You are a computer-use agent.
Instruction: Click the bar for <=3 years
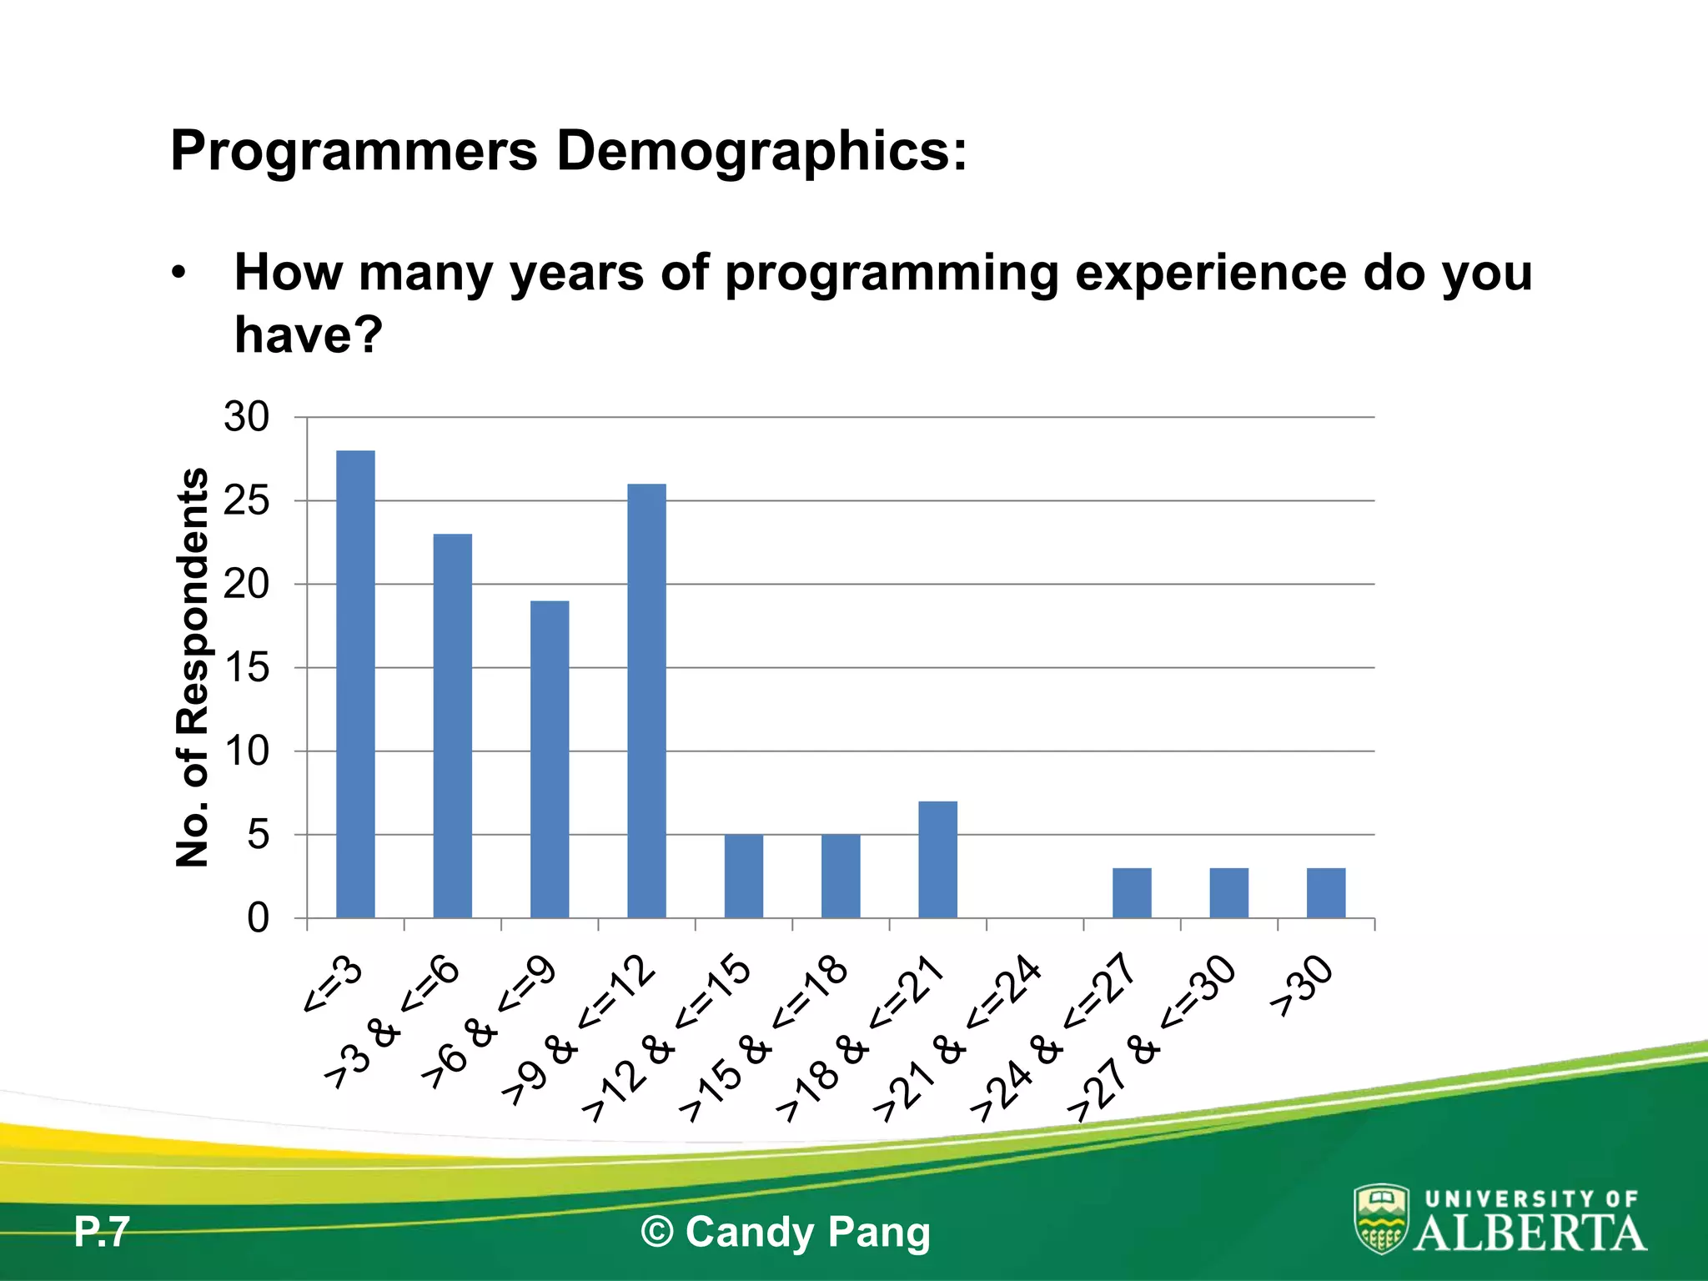click(355, 684)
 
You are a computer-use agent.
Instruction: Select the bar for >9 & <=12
click(646, 701)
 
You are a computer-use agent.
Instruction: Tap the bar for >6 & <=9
click(550, 759)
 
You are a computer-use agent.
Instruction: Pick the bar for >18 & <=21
click(937, 859)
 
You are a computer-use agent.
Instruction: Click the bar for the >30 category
click(1325, 892)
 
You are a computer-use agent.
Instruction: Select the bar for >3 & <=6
click(453, 726)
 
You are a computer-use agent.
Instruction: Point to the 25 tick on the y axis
click(247, 501)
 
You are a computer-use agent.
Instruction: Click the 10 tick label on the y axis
click(247, 751)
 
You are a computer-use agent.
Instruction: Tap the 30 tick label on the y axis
click(247, 417)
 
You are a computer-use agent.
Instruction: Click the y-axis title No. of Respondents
click(193, 667)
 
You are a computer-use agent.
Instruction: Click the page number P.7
click(102, 1232)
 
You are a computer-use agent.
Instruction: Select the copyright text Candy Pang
click(785, 1232)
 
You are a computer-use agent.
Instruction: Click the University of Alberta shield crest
click(1381, 1218)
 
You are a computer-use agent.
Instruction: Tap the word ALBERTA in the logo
click(1530, 1233)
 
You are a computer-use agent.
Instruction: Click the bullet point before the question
click(178, 274)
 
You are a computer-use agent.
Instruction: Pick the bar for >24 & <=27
click(1132, 892)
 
